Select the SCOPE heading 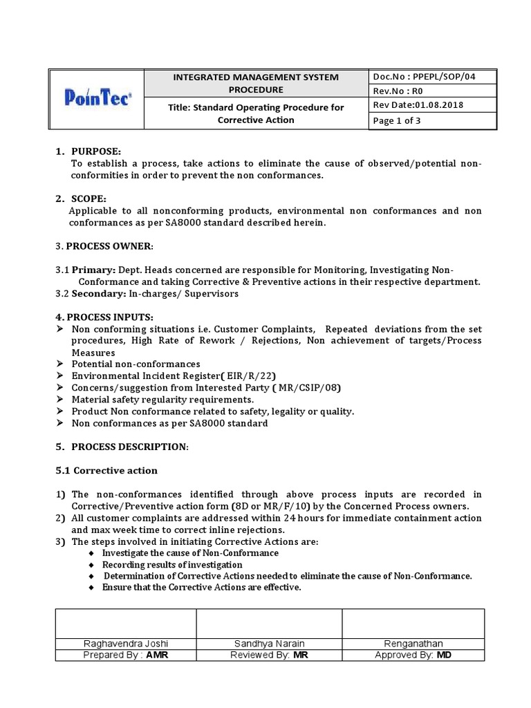click(90, 199)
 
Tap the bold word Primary click(93, 271)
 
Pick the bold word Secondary click(100, 294)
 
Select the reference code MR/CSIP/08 click(308, 387)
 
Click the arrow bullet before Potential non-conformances click(59, 364)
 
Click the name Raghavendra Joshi click(125, 644)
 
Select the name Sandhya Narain click(269, 644)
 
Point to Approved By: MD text click(413, 655)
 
